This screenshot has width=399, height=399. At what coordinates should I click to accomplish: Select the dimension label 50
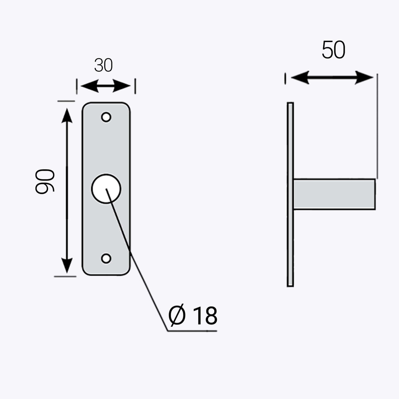point(333,50)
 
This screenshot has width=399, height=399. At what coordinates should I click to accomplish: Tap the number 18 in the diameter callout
point(205,316)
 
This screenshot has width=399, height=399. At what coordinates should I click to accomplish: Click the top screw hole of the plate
point(106,117)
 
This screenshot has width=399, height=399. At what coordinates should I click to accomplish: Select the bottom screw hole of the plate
point(106,258)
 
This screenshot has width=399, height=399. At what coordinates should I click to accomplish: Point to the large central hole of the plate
point(106,189)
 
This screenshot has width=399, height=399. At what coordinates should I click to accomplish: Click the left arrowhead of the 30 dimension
point(86,87)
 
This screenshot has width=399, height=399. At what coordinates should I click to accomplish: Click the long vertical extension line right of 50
point(377,125)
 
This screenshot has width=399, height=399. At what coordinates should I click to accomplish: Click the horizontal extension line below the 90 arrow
point(65,276)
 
